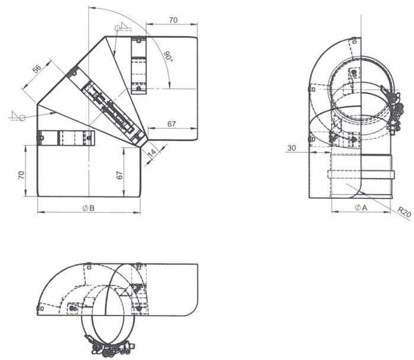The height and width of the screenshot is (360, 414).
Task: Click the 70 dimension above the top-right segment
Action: point(173,20)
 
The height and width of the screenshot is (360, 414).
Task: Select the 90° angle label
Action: point(168,57)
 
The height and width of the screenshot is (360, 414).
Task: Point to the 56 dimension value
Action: point(37,69)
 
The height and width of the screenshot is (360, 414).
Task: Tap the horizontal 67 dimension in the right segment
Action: point(172,124)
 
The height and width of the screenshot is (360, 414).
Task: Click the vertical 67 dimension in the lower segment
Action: point(120,175)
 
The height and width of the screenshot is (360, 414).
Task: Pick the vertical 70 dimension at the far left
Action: point(21,175)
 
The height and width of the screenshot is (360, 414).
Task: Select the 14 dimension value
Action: point(152,153)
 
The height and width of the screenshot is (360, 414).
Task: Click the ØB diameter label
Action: point(88,208)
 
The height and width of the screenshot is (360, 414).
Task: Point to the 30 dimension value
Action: point(291,148)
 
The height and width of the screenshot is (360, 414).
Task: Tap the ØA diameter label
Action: point(361,208)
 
